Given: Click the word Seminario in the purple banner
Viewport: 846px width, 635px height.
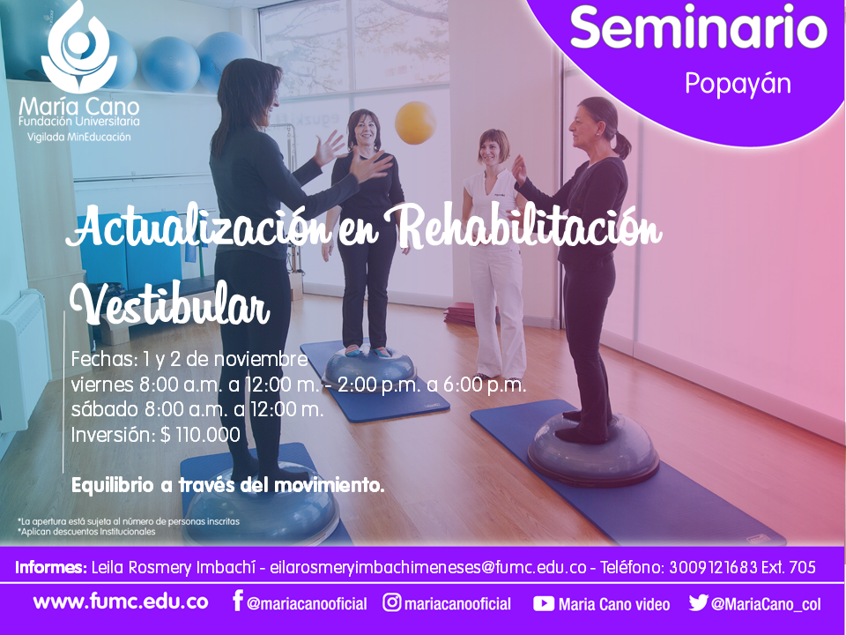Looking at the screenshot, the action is click(x=699, y=27).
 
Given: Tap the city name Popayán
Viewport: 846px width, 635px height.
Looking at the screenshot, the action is click(x=738, y=85).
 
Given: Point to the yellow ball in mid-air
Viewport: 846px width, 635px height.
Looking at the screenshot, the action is click(x=415, y=123).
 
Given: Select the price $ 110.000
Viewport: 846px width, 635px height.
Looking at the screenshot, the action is click(x=200, y=435).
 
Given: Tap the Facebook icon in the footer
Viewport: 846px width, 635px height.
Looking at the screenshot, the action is click(x=237, y=601).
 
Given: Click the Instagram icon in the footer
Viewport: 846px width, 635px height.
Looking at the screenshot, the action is click(x=391, y=602).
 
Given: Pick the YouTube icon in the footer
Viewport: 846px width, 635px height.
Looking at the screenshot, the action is click(x=544, y=603).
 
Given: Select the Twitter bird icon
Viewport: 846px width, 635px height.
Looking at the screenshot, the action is click(x=698, y=602).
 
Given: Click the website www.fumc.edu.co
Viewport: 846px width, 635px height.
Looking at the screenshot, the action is click(x=121, y=602).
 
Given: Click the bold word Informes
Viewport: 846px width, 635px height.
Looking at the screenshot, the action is click(x=51, y=567).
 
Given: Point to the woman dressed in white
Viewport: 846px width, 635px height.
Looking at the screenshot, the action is click(x=494, y=254).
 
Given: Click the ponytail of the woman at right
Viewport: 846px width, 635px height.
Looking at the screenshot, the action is click(x=621, y=144).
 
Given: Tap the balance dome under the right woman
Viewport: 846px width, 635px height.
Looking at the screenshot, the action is click(x=593, y=449).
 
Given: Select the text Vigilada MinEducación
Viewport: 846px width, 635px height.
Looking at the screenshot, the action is click(x=78, y=138).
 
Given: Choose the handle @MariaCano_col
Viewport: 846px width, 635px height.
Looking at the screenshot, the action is click(x=766, y=604).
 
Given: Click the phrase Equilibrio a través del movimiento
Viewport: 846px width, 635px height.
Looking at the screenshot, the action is click(x=227, y=485).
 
